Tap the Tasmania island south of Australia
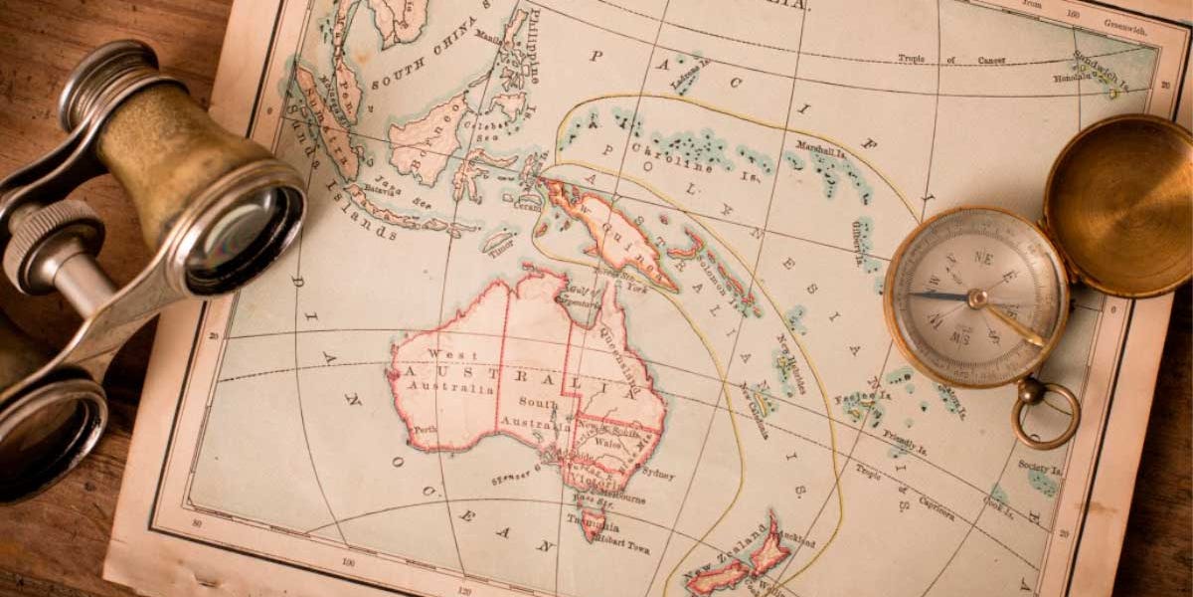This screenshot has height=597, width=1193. pos(594,522)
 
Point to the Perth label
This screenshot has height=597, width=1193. pos(426,430)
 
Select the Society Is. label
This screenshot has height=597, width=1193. pos(1040,467)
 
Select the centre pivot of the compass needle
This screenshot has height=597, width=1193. pos(978,298)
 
